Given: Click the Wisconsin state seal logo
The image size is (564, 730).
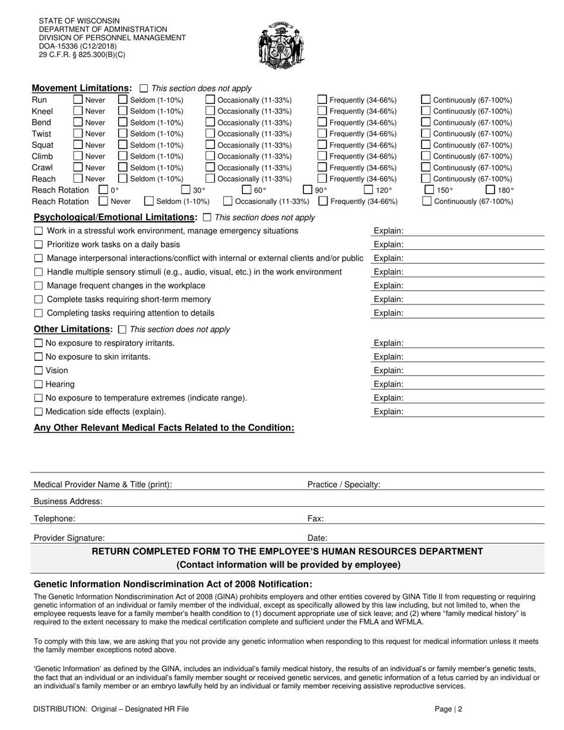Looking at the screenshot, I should click(x=282, y=46).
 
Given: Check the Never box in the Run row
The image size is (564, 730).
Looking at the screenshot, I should click(x=78, y=100).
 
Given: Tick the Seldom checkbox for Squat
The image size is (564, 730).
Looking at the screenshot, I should click(x=123, y=145).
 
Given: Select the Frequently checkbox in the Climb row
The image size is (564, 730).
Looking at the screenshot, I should click(x=322, y=156).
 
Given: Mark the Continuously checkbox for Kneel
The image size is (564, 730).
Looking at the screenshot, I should click(x=426, y=111).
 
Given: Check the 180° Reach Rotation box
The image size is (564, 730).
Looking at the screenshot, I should click(x=490, y=190).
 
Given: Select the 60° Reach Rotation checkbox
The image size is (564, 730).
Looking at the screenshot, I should click(x=246, y=190).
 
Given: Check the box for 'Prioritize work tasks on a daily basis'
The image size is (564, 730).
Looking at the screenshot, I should click(x=39, y=245).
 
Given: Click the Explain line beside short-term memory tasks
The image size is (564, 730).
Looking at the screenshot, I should click(x=475, y=299).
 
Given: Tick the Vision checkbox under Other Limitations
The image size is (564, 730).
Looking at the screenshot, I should click(x=39, y=370).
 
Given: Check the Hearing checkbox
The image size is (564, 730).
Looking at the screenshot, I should click(x=39, y=384).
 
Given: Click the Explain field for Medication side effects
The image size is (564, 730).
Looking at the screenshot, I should click(x=475, y=411).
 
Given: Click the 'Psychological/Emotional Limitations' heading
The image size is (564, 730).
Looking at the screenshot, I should click(x=115, y=217).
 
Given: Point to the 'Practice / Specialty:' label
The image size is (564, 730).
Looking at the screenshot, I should click(x=344, y=484).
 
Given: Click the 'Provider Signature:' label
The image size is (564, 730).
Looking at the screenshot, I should click(x=69, y=538).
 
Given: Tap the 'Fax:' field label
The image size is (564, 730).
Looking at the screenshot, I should click(x=315, y=518).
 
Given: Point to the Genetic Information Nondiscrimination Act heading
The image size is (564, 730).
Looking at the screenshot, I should click(x=173, y=584).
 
